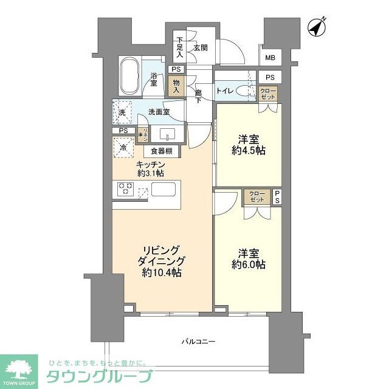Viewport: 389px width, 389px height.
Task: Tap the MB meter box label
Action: [x=269, y=59]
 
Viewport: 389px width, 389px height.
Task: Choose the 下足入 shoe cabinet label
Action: [x=180, y=47]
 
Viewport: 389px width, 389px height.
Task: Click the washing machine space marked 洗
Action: [x=122, y=112]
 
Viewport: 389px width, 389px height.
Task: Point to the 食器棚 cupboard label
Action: [x=162, y=151]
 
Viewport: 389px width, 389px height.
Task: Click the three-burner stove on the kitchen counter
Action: [x=126, y=189]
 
